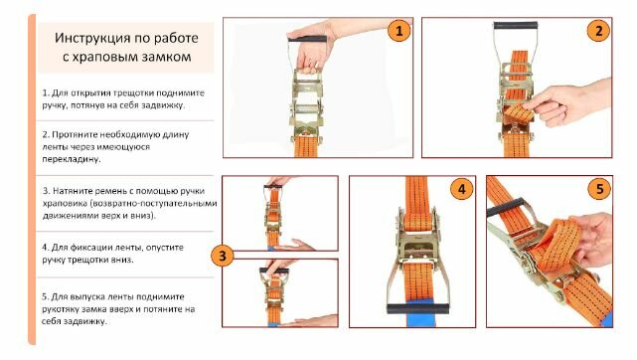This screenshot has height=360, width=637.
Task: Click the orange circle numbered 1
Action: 398,31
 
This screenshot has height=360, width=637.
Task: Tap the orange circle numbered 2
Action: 598,31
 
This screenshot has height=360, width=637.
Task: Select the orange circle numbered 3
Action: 223,256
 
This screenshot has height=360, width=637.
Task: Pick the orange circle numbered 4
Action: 461,189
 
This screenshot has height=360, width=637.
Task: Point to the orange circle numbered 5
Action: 599,189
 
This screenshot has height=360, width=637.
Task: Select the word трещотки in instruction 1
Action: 133,92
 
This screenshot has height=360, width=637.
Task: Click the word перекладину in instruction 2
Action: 72,159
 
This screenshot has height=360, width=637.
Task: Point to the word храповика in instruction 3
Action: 64,203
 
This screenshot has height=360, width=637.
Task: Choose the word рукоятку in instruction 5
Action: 61,309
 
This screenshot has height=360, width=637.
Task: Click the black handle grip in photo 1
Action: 307,40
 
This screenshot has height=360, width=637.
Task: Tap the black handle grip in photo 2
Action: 516,25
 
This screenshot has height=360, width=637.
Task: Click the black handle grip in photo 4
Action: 418,309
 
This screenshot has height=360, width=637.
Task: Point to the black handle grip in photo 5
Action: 506,207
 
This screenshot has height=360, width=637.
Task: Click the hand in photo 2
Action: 568,103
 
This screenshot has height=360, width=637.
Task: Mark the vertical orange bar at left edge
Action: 32,180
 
